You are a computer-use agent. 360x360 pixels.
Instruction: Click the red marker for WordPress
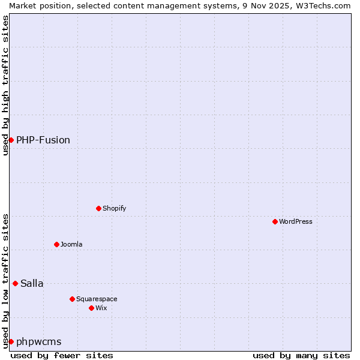coord(275,221)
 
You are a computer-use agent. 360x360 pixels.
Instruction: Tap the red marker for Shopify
coord(98,208)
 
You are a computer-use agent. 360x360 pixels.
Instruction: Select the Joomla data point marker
coord(56,244)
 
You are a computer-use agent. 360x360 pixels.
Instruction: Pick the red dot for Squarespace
coord(72,299)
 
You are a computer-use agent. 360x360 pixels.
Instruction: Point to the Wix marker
coord(91,308)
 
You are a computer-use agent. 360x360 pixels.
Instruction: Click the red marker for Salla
coord(15,283)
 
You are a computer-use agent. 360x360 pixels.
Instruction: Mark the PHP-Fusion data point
coord(11,140)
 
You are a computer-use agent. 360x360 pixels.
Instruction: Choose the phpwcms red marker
coord(11,341)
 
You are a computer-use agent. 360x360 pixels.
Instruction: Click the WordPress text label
coord(296,221)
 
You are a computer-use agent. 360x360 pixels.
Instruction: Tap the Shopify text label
coord(114,208)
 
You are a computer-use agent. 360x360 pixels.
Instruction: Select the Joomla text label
coord(71,244)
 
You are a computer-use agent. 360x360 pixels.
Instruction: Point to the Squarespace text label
coord(97,299)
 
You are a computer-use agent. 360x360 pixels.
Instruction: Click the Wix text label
coord(101,308)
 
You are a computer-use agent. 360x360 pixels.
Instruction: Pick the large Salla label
coord(32,283)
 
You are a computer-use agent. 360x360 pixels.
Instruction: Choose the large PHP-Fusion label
coord(43,140)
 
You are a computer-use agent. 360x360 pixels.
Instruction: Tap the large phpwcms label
coord(39,341)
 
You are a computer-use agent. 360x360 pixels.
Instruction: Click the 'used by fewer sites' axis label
coord(62,355)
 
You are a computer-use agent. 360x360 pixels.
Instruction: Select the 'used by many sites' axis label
coord(301,355)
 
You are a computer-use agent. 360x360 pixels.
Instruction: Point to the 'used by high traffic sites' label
coord(5,85)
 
